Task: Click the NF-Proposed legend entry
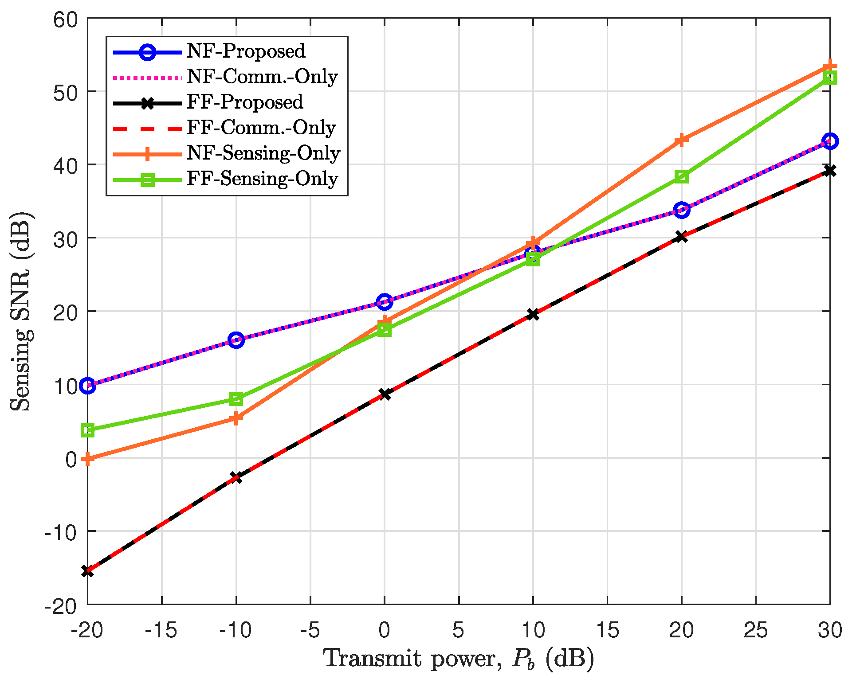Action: [246, 51]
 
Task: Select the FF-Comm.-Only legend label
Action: [261, 128]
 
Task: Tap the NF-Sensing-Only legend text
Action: [263, 153]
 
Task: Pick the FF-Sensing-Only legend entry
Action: [262, 179]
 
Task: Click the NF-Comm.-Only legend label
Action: [262, 77]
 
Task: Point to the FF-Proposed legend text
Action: [245, 102]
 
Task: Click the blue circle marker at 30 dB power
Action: [830, 141]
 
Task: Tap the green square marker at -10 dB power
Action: [236, 399]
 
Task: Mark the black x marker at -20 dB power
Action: [88, 571]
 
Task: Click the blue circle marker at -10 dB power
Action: [236, 340]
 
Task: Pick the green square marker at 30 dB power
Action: [830, 78]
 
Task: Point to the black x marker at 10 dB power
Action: [533, 314]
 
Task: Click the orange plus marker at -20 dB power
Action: [88, 459]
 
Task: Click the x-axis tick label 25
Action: [755, 630]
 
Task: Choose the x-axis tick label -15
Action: [161, 630]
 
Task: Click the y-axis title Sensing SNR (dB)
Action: [22, 312]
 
